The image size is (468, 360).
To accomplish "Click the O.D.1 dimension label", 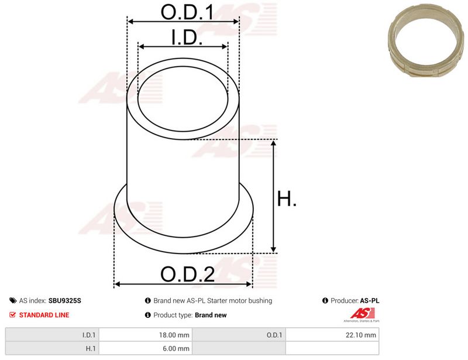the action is [x=187, y=12].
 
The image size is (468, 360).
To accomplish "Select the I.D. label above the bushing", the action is [x=187, y=37].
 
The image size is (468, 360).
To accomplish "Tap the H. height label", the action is [x=287, y=198].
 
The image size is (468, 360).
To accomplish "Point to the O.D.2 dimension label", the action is [x=187, y=274].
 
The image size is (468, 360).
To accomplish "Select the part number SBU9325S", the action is [x=64, y=300].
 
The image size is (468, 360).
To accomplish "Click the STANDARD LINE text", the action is [x=44, y=315].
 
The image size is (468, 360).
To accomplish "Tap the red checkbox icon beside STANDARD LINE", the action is [x=12, y=314].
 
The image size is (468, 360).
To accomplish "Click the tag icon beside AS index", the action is [x=13, y=300].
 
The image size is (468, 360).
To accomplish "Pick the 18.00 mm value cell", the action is [x=146, y=335].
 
